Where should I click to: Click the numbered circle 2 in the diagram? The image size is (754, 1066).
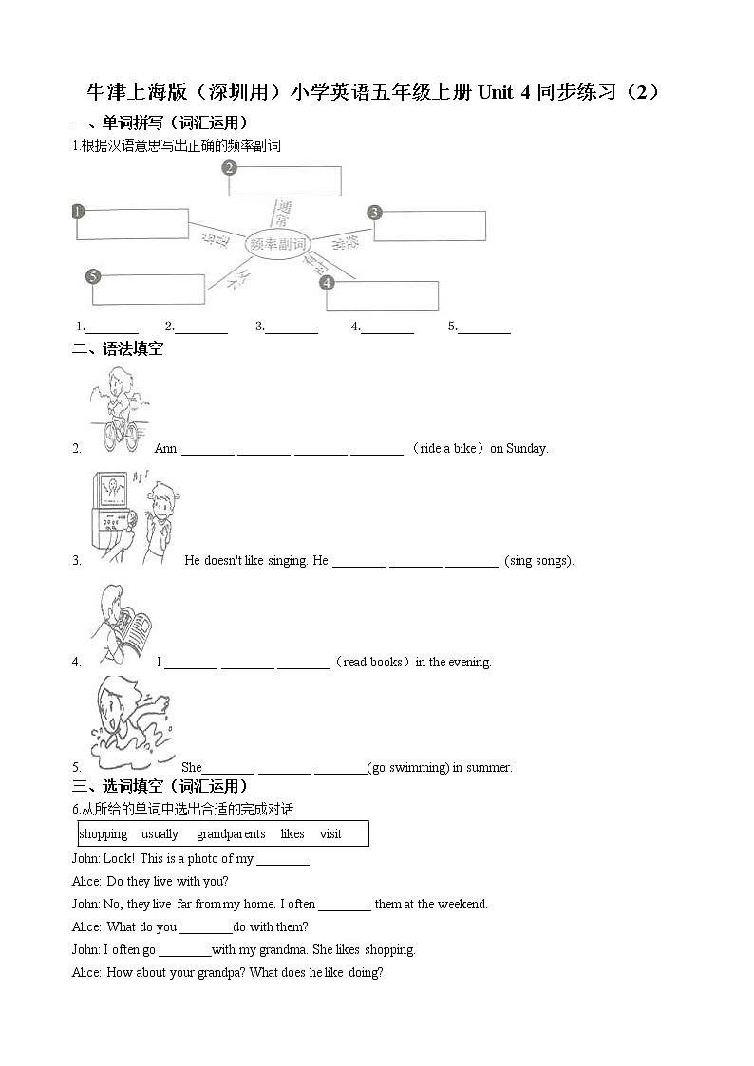[229, 168]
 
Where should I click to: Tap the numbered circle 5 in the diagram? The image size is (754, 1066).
[92, 276]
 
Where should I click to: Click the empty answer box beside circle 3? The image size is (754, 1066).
[432, 226]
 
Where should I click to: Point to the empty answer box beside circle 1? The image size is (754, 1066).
[134, 225]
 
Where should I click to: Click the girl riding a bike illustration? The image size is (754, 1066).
[119, 411]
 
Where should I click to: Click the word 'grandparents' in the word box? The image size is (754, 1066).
[231, 834]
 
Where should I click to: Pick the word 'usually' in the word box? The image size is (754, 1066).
[160, 834]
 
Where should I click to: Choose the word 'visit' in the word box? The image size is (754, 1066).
[330, 834]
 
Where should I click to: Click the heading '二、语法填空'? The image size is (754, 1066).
[118, 349]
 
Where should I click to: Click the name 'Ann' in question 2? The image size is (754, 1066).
[165, 448]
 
